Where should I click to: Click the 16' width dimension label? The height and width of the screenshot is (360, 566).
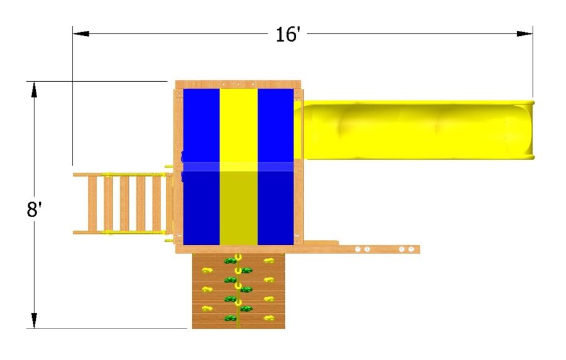pyautogui.click(x=289, y=34)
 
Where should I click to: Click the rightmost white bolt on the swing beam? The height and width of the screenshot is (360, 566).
pyautogui.click(x=411, y=250)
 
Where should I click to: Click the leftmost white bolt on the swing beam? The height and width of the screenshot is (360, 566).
pyautogui.click(x=358, y=250)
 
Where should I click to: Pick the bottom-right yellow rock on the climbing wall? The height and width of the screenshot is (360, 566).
pyautogui.click(x=269, y=318)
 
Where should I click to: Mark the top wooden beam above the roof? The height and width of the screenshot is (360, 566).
pyautogui.click(x=238, y=84)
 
